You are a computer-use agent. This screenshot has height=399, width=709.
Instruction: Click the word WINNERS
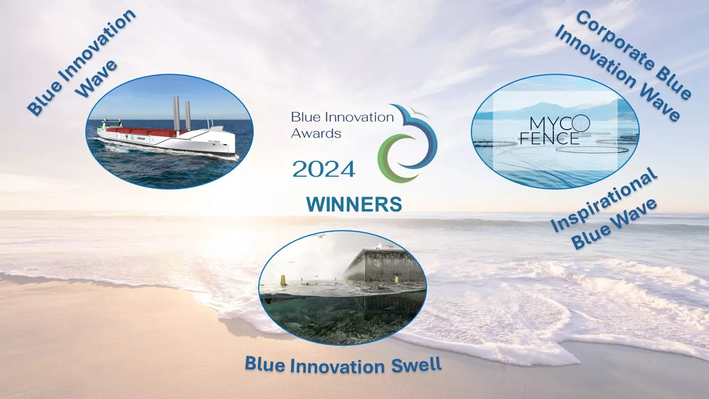click(354, 204)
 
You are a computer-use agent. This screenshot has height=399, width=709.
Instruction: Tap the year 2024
click(323, 169)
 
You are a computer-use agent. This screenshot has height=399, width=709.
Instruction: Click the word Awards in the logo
click(316, 134)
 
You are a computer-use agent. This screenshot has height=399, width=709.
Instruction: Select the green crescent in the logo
click(390, 158)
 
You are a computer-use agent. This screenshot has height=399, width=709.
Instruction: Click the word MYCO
click(559, 125)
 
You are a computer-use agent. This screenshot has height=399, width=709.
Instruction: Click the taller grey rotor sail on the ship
click(176, 114)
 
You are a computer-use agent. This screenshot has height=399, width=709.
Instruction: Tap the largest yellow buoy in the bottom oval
click(282, 280)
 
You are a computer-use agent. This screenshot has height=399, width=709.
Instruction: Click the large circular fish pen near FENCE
click(592, 149)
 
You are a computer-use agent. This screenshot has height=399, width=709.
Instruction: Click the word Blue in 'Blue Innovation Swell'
click(265, 364)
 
